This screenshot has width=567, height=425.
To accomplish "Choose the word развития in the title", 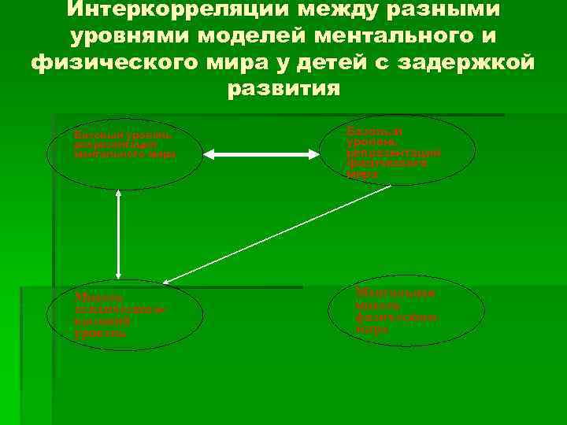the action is coord(283,88).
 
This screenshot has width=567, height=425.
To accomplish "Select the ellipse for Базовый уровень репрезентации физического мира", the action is coord(398,150).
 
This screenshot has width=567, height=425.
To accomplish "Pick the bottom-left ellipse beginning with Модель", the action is coord(125,315).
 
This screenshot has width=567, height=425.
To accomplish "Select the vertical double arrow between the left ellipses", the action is coord(117,233).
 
